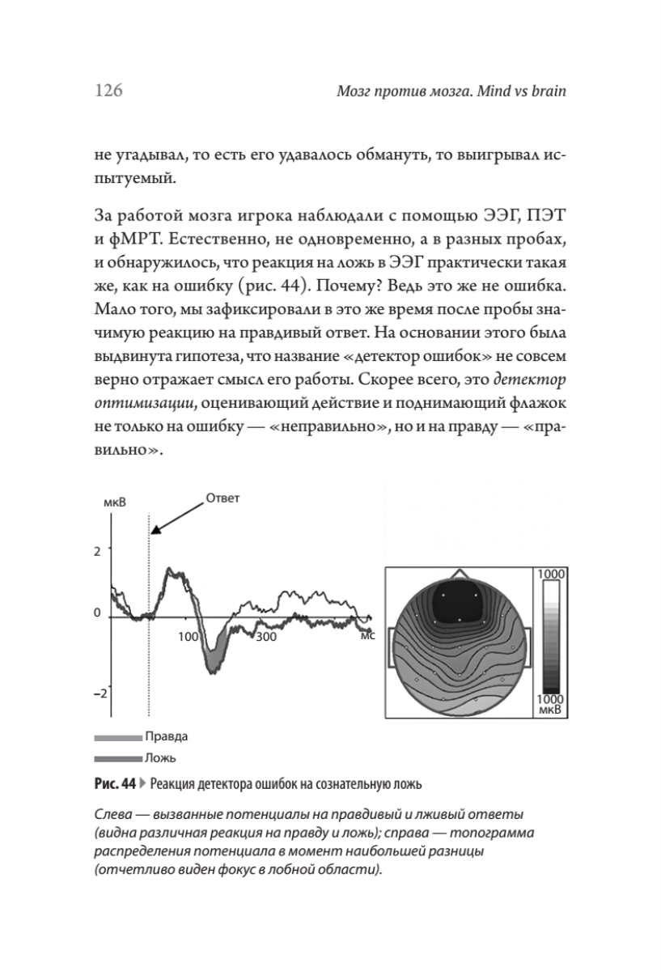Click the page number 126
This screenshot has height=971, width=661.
108,91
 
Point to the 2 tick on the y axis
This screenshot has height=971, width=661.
97,550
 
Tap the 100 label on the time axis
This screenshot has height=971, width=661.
188,637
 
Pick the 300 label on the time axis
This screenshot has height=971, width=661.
266,637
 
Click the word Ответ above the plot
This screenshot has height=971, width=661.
223,498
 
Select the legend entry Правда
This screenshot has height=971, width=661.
167,737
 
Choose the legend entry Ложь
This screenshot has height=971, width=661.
161,758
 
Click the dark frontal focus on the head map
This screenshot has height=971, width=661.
459,602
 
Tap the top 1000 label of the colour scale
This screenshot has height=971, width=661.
550,574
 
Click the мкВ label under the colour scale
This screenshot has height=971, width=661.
550,710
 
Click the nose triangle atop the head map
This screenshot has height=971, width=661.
459,573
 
